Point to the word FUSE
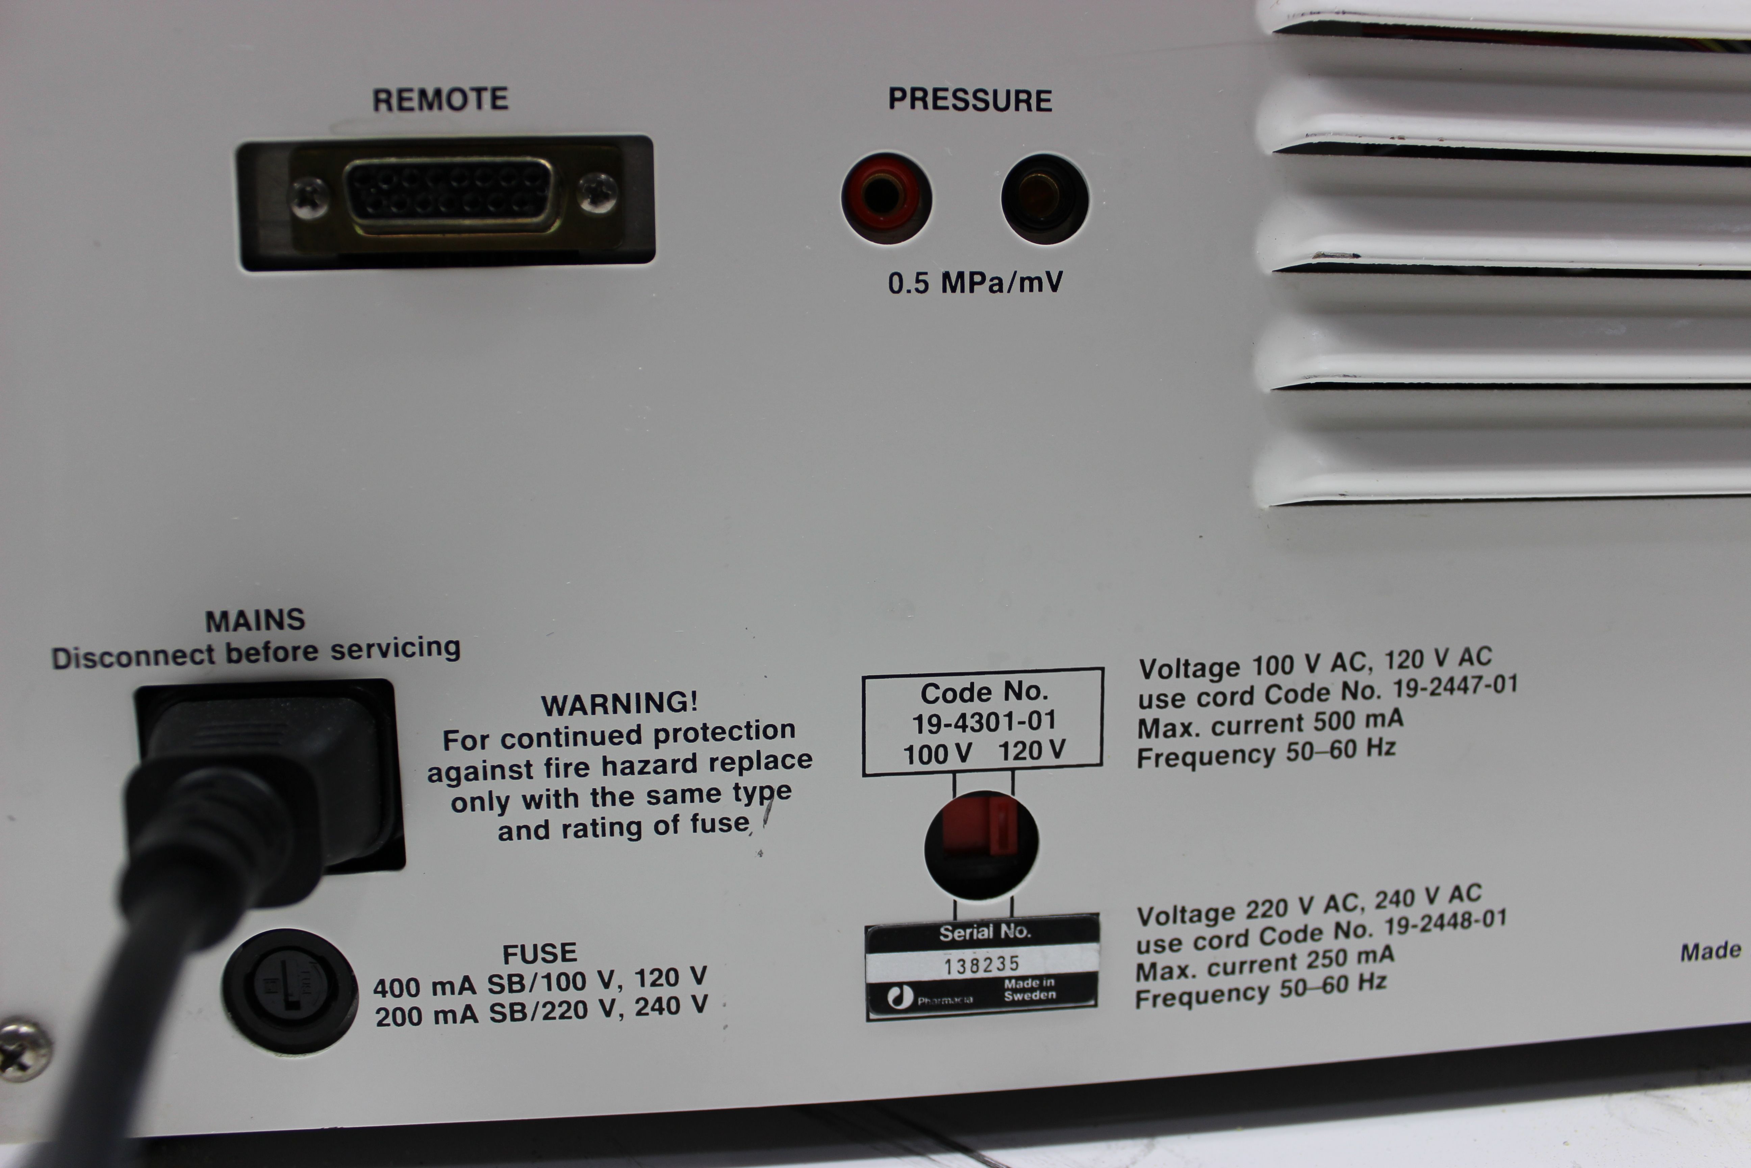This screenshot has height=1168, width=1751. (x=540, y=953)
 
